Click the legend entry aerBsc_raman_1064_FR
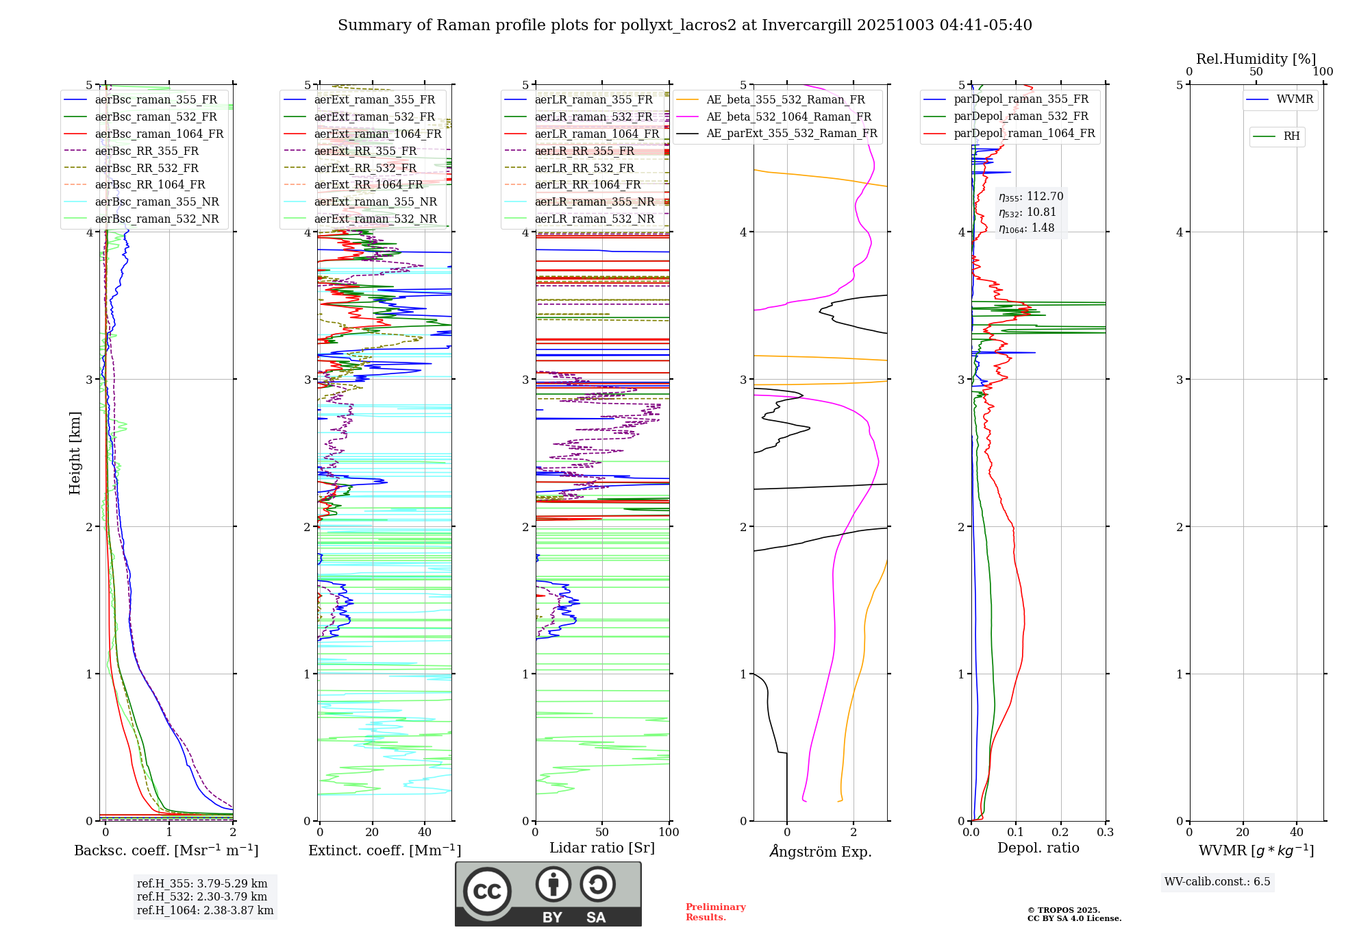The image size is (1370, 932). click(x=159, y=134)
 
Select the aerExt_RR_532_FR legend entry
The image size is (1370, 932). click(x=365, y=168)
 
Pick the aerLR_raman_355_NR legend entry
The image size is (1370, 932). click(x=594, y=201)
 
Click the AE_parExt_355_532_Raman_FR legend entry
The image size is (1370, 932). click(x=791, y=133)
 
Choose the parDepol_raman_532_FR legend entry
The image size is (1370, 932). click(x=1021, y=116)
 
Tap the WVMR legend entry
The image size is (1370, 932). click(x=1295, y=99)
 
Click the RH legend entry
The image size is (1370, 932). click(x=1291, y=136)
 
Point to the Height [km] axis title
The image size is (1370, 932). click(x=75, y=453)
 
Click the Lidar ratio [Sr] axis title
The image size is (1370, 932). click(x=602, y=848)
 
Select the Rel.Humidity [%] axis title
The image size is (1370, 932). click(x=1256, y=59)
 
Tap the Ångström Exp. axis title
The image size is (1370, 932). click(x=821, y=851)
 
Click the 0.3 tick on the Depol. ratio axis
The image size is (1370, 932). click(x=1105, y=833)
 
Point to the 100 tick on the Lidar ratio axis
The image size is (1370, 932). click(x=669, y=833)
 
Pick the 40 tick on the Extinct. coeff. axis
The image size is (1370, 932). click(x=425, y=833)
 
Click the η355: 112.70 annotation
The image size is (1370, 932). click(x=1031, y=197)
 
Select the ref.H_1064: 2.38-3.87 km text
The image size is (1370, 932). click(x=205, y=910)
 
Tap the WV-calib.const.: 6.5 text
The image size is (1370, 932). click(x=1217, y=882)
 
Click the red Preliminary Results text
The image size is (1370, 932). click(x=715, y=912)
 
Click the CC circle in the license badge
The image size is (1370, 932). click(x=487, y=891)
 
